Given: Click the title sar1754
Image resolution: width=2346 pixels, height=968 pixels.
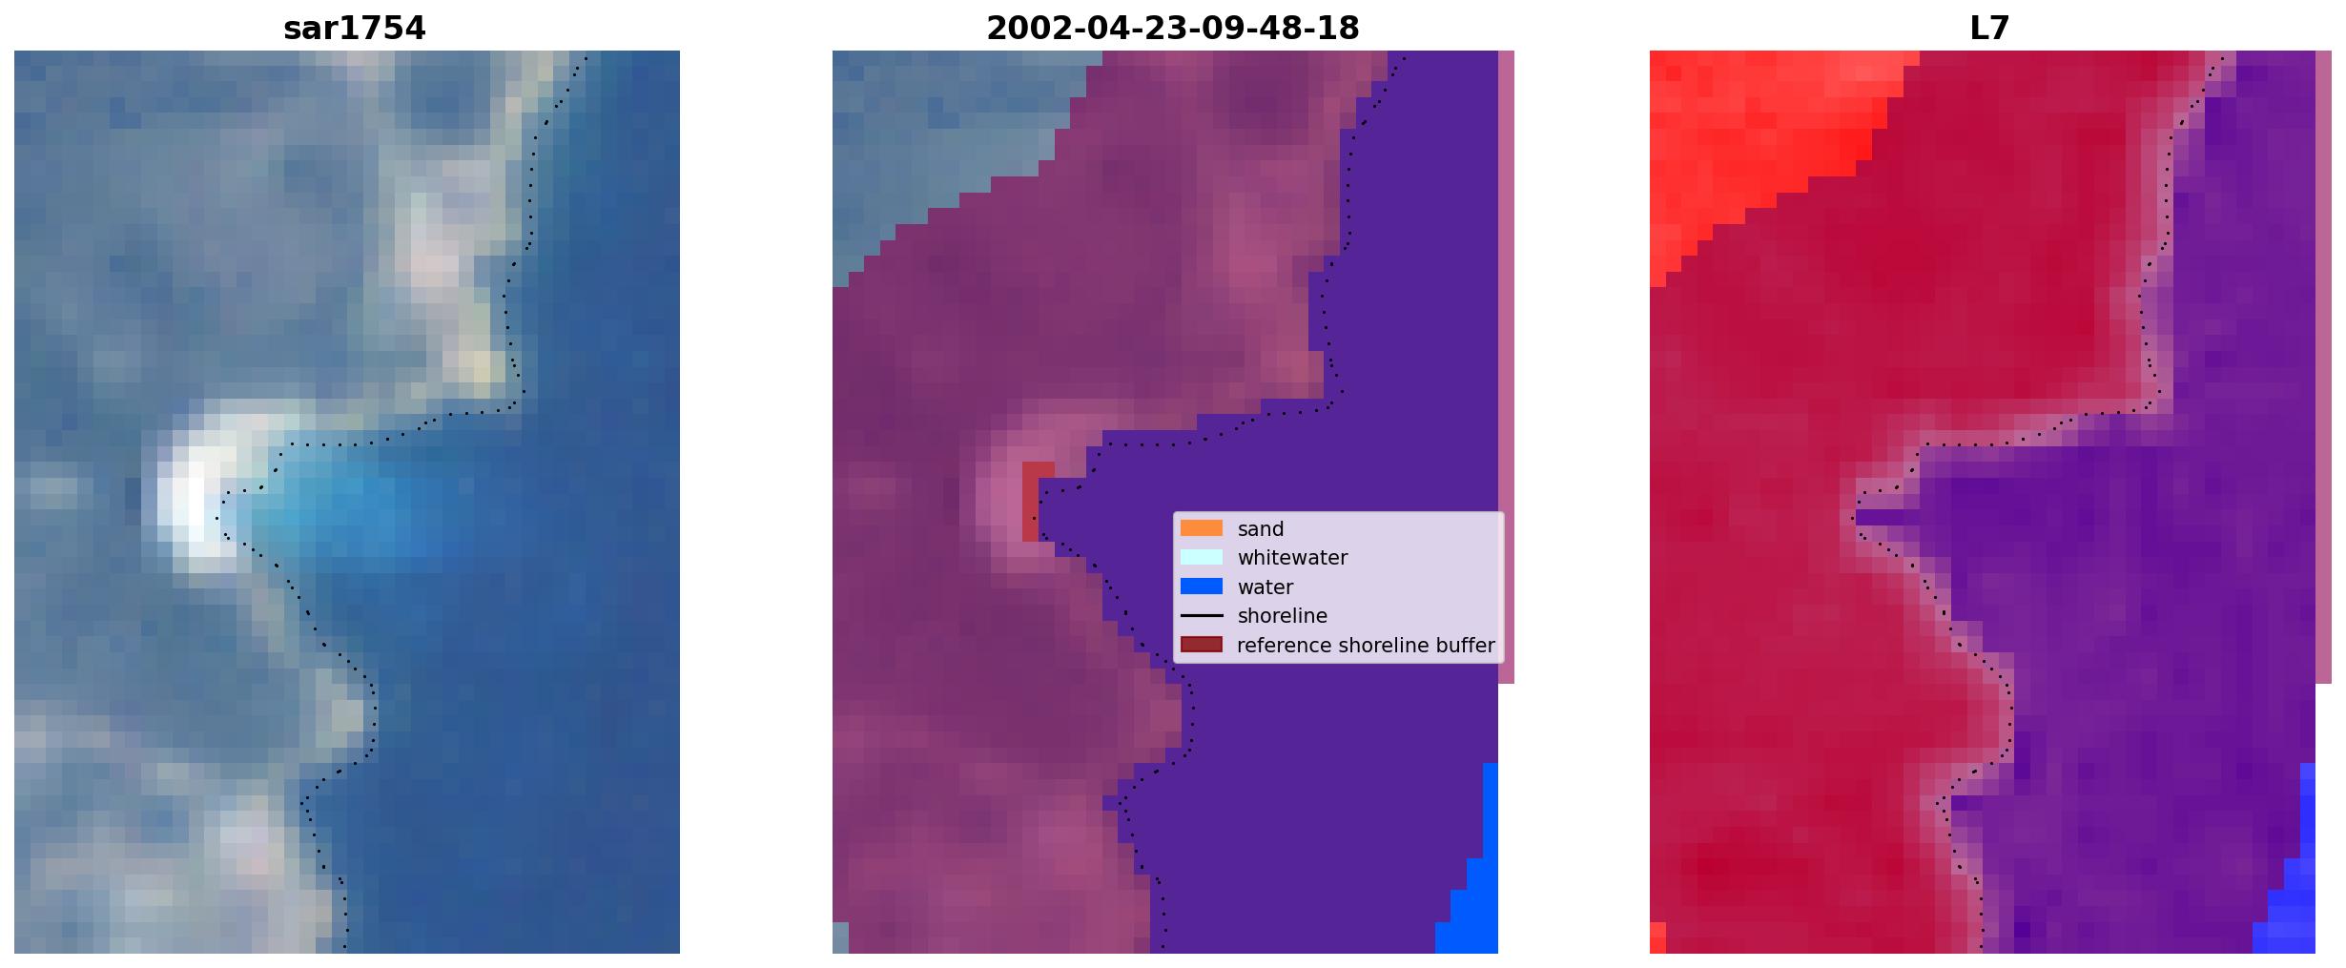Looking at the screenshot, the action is click(354, 29).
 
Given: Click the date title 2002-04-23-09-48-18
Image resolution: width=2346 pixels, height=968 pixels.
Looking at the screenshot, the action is click(1172, 29).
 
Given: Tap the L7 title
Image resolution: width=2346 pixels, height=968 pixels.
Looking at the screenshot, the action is click(1989, 29).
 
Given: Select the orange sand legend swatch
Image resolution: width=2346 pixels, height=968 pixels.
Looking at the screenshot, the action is click(1201, 528).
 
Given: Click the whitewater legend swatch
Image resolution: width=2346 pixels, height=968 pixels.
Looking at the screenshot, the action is click(1201, 558).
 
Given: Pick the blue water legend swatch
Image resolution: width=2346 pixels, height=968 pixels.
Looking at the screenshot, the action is click(1201, 587).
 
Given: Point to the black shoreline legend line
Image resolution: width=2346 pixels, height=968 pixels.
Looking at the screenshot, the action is click(1201, 616).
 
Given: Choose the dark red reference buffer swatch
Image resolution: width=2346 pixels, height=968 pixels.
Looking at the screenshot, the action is click(1201, 645).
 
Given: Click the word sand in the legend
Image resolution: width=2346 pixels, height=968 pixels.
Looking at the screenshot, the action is click(1261, 529).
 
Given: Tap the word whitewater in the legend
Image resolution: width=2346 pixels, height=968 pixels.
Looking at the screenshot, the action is click(1292, 558).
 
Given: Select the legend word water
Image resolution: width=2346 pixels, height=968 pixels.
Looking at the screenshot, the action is click(1266, 587).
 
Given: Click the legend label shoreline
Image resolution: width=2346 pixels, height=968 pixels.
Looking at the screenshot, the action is click(1282, 616).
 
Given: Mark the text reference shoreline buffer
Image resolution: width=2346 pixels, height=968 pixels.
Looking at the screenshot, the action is click(1366, 646).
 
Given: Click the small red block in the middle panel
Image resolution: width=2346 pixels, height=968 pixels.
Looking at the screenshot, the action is click(1038, 502).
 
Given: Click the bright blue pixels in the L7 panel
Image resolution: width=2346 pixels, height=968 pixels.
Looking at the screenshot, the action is click(2294, 887).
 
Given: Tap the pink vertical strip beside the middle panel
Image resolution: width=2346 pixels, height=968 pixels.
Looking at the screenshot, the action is click(1506, 367).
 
